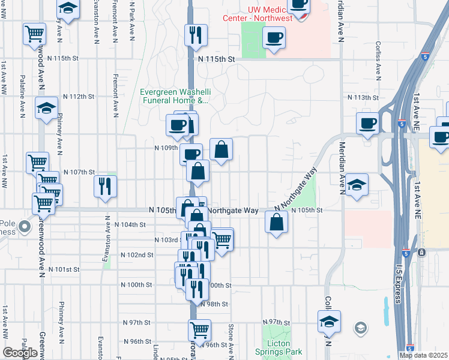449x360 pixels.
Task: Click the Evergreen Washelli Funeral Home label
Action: tap(174, 96)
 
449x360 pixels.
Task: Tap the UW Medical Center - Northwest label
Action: tap(273, 14)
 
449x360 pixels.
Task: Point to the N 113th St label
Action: tap(364, 97)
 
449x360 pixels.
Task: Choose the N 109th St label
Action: tap(166, 147)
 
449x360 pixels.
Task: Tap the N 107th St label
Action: tap(79, 172)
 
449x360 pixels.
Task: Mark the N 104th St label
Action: tap(133, 224)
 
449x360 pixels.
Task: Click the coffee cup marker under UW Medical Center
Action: tap(274, 37)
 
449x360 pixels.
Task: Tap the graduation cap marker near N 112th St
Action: tap(46, 107)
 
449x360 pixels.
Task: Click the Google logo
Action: tap(20, 353)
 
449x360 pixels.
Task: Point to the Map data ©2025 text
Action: tap(423, 355)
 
